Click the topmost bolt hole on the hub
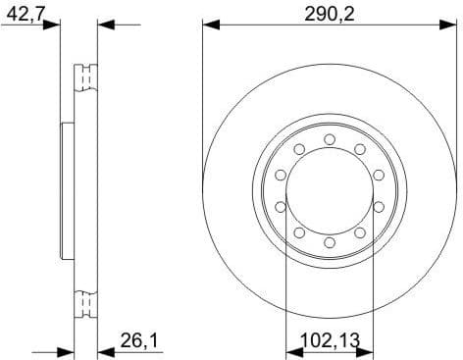(x=330, y=137)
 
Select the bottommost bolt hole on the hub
(x=330, y=241)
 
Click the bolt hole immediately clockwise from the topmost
(x=360, y=148)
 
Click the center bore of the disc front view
(x=330, y=189)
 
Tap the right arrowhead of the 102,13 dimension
(x=370, y=350)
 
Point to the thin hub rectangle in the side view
(x=68, y=190)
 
